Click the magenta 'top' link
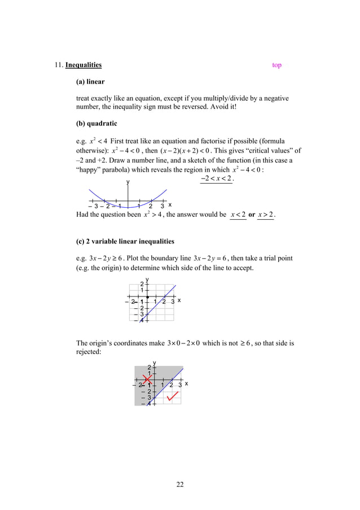[276, 65]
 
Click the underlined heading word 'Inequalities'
[84, 65]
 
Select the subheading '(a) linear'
[90, 82]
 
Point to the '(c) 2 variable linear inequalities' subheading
[125, 242]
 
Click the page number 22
[180, 484]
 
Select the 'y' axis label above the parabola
[128, 182]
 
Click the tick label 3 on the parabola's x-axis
[162, 206]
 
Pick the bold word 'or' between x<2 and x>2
[252, 215]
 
